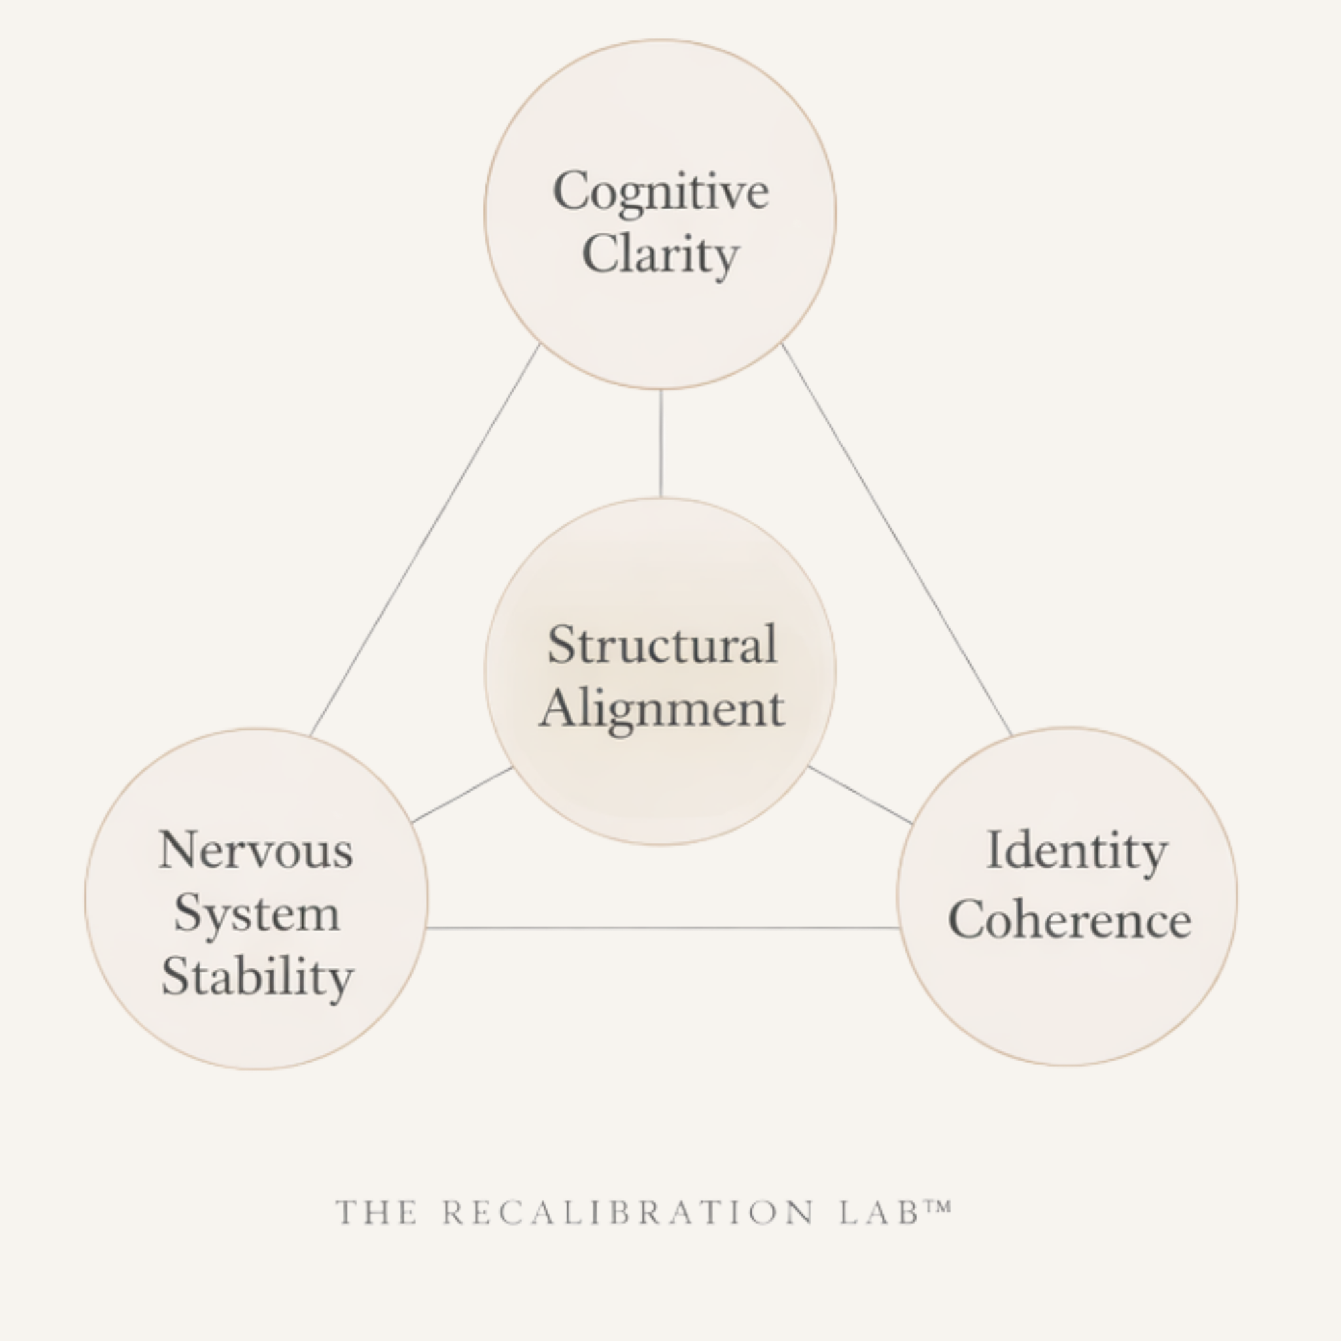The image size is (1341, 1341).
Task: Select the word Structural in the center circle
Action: pos(662,645)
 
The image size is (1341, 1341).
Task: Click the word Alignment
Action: pos(662,710)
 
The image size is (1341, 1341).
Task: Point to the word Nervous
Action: pos(256,850)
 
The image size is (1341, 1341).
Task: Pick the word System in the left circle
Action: pos(257,914)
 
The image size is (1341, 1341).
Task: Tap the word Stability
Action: pos(257,978)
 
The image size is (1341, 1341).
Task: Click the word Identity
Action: pos(1077,851)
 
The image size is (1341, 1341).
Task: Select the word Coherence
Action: pos(1069,921)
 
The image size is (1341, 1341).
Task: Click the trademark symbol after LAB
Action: pos(938,1207)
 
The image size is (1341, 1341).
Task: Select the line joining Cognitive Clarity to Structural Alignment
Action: pos(661,445)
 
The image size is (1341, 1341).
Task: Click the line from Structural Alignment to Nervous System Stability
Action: pos(462,795)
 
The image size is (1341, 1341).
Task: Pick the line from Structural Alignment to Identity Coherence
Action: pos(861,795)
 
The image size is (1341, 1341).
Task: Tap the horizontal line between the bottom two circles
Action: pos(663,927)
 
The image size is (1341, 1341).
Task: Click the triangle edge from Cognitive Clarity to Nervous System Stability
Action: pos(425,539)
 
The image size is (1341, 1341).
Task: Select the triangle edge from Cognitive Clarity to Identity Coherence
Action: pos(896,539)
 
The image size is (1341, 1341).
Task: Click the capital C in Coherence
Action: pos(967,920)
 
